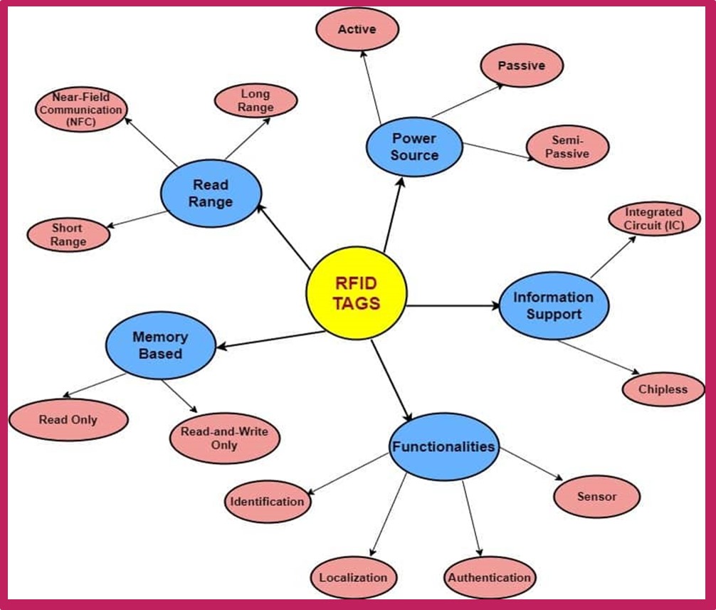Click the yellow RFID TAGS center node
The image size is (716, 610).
(x=356, y=293)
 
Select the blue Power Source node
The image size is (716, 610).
(x=414, y=146)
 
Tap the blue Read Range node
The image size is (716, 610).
(x=211, y=193)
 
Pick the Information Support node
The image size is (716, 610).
(x=553, y=305)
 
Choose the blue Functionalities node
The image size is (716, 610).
(x=443, y=447)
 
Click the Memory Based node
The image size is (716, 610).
(x=160, y=345)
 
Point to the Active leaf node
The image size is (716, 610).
(x=357, y=30)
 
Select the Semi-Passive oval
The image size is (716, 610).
(x=567, y=147)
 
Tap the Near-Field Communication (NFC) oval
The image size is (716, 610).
(x=81, y=110)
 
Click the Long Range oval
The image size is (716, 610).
(x=256, y=100)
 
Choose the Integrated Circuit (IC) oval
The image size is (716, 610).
(x=653, y=219)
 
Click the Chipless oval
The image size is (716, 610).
(x=663, y=389)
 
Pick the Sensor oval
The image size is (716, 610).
(x=596, y=496)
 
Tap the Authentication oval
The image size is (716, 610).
(x=489, y=577)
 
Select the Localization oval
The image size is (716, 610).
(x=353, y=577)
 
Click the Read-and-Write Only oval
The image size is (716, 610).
(x=224, y=438)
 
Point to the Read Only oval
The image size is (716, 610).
(x=68, y=419)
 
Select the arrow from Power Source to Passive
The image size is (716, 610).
(x=466, y=100)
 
